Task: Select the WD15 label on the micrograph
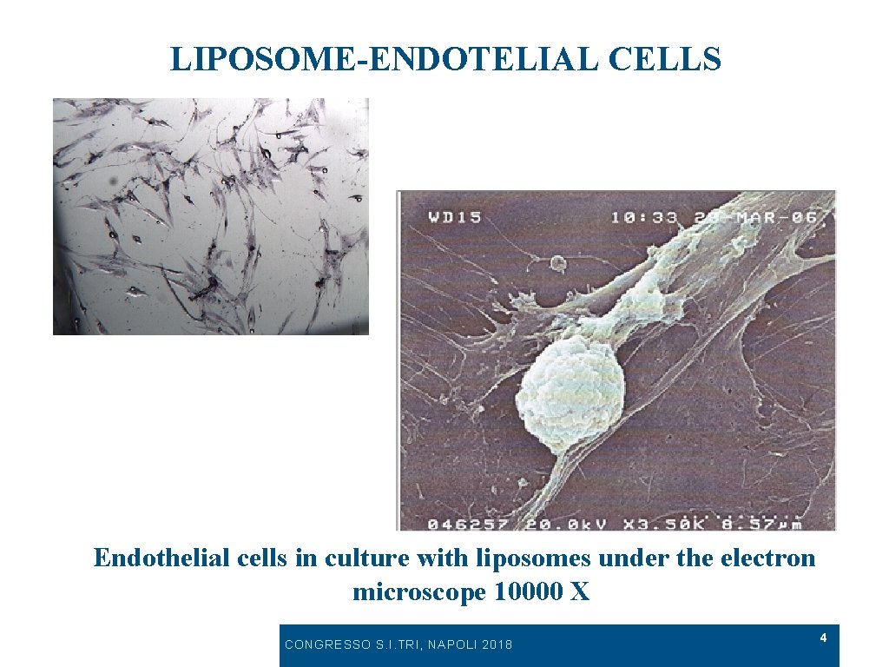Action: point(454,217)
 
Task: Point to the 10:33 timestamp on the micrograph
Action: point(644,217)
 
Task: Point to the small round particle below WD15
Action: point(557,261)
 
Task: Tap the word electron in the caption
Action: point(767,558)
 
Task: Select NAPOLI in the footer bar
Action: point(450,644)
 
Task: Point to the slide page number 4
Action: point(823,638)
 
